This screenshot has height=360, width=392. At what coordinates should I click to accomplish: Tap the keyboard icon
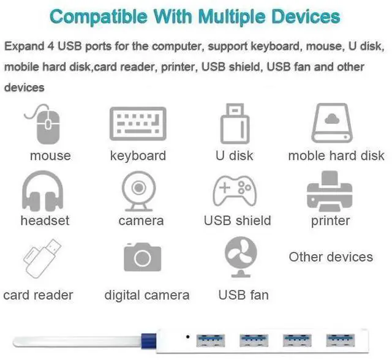click(x=138, y=124)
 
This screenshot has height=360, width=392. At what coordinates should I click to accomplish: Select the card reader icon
click(x=42, y=258)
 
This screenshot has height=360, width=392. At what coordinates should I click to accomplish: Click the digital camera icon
click(x=142, y=258)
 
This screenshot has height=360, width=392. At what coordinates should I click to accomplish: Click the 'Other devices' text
click(x=331, y=257)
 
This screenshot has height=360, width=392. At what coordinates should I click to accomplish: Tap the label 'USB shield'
click(x=237, y=221)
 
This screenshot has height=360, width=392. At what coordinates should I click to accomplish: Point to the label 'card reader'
click(x=38, y=295)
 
